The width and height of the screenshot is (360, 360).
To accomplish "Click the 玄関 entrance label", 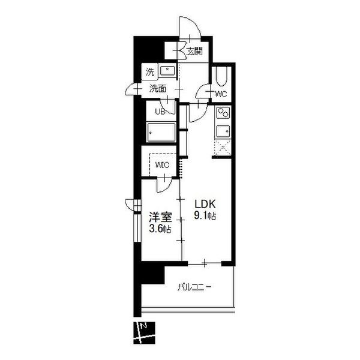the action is (x=194, y=51).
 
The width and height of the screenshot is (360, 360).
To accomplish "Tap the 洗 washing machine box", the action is (x=150, y=72).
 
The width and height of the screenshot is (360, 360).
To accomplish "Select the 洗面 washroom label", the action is (x=158, y=89).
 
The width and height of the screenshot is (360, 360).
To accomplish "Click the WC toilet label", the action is (x=221, y=94).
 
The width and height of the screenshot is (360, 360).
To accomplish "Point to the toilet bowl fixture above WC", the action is (x=221, y=76).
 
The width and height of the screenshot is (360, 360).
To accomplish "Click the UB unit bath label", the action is (x=160, y=112).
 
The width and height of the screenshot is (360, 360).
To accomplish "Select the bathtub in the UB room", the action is (x=161, y=133).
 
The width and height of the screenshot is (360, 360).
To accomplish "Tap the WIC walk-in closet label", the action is (x=162, y=165).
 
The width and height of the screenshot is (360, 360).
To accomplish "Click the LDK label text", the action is (x=205, y=204).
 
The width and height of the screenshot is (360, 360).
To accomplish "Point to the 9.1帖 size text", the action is (x=205, y=216).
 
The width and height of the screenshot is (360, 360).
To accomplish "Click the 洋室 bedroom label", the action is (x=160, y=217).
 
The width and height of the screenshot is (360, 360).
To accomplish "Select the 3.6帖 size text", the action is (x=160, y=229).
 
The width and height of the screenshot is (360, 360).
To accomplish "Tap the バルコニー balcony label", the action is (x=194, y=287).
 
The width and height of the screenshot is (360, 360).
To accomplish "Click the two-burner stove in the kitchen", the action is (x=223, y=113).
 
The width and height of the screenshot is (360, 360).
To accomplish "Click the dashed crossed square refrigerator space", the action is (x=223, y=148).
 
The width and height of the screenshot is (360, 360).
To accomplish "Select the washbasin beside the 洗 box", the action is (x=167, y=71).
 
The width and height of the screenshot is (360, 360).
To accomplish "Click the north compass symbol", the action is (x=145, y=332).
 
